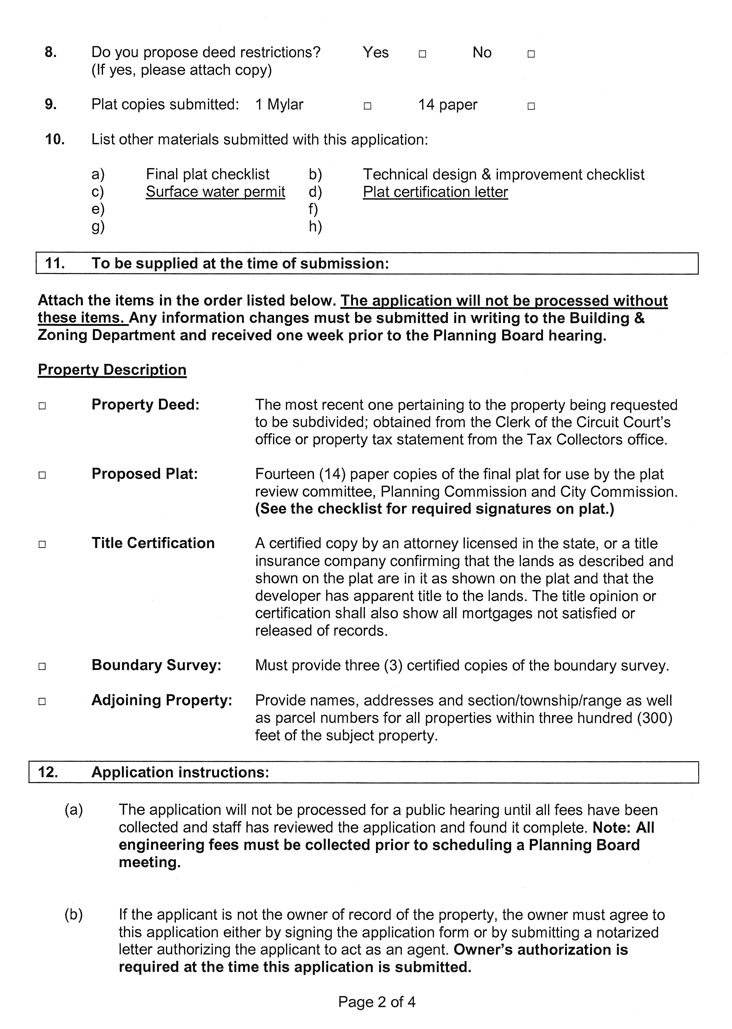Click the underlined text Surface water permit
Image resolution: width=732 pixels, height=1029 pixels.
pos(215,192)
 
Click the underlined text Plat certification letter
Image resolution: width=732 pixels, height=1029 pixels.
pos(435,192)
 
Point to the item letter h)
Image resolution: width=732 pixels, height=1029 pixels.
pos(315,226)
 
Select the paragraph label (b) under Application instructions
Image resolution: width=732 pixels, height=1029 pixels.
pos(74,915)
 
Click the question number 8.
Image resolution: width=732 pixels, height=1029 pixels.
pos(50,52)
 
